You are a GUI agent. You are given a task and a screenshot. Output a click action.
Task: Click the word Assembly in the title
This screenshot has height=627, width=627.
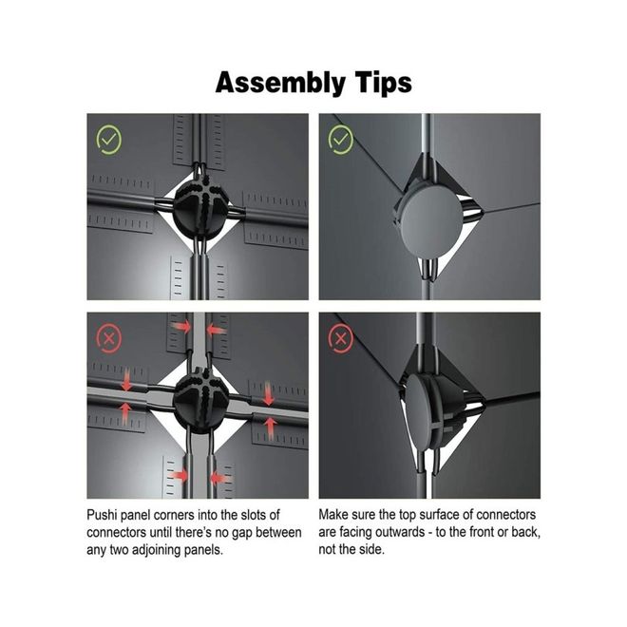[280, 83]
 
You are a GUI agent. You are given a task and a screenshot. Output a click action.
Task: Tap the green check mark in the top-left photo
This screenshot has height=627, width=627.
[108, 140]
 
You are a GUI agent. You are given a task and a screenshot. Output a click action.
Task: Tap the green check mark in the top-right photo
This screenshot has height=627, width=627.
[341, 140]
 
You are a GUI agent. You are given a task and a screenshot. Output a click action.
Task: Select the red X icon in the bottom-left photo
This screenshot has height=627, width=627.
[108, 339]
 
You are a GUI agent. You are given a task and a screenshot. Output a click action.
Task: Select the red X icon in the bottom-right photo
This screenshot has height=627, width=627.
[341, 339]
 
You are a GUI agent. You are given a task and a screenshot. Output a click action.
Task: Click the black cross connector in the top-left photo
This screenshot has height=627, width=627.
[201, 207]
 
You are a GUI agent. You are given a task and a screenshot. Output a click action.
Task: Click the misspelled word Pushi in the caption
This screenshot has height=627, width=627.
[102, 515]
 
